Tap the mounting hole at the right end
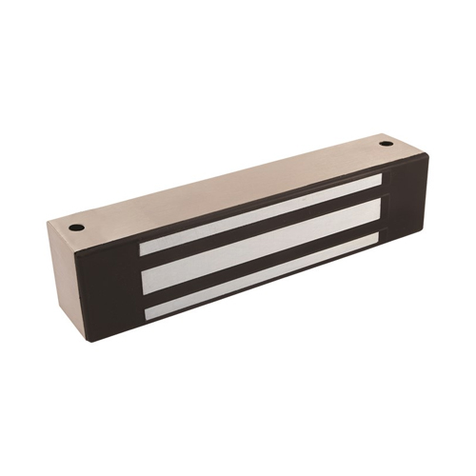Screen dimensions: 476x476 386,144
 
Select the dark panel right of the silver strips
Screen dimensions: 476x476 405,201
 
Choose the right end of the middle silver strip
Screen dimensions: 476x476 381,211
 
